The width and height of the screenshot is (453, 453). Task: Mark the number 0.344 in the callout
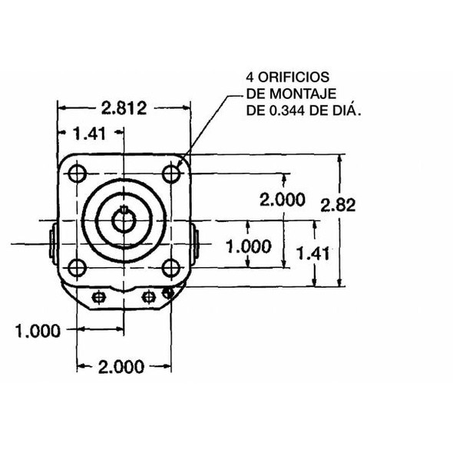pos(286,111)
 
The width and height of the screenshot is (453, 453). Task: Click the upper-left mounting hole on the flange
pos(77,174)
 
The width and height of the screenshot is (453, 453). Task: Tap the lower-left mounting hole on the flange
pos(77,267)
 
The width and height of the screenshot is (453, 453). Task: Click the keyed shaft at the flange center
pos(123,220)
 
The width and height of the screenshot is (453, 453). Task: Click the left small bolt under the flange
pos(98,296)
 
